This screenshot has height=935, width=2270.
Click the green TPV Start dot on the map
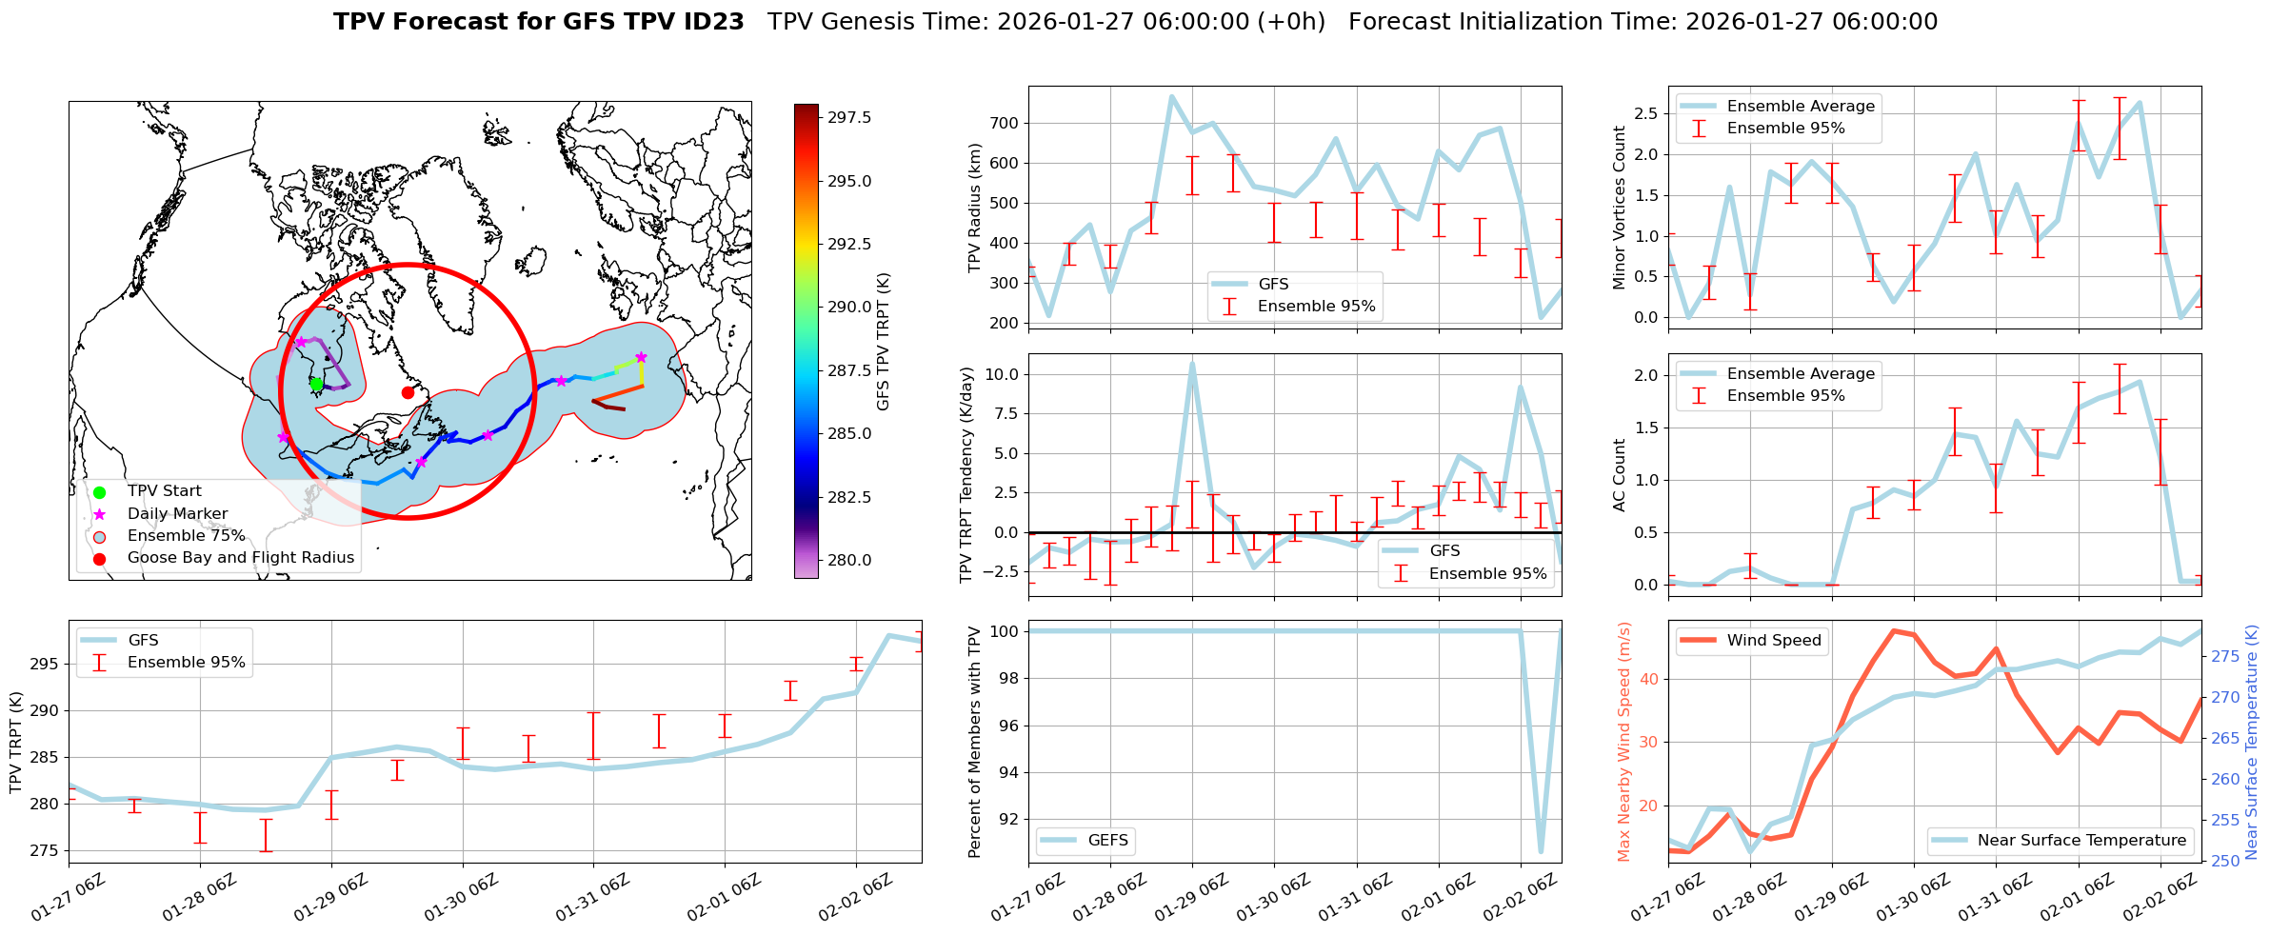coord(316,384)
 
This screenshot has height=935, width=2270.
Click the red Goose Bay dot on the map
coord(408,392)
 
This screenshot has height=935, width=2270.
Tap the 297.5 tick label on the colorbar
coord(849,118)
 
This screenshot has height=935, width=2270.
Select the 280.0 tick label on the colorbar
coord(849,560)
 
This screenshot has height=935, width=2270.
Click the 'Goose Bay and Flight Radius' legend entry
coord(240,558)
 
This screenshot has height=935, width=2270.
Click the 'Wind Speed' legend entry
coord(1773,641)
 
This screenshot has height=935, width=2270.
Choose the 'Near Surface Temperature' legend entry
coord(2081,841)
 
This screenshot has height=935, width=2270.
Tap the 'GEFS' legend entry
coord(1107,841)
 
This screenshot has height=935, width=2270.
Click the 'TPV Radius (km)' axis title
coord(974,208)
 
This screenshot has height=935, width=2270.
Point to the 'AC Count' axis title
coord(1619,475)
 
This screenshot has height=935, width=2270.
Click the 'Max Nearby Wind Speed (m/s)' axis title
coord(1623,742)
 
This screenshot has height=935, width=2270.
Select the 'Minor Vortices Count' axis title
coord(1619,208)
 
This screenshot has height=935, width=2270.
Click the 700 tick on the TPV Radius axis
coord(1005,123)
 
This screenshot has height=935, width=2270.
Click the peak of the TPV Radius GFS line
coord(1171,96)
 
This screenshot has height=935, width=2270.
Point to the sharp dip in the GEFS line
coord(1541,851)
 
